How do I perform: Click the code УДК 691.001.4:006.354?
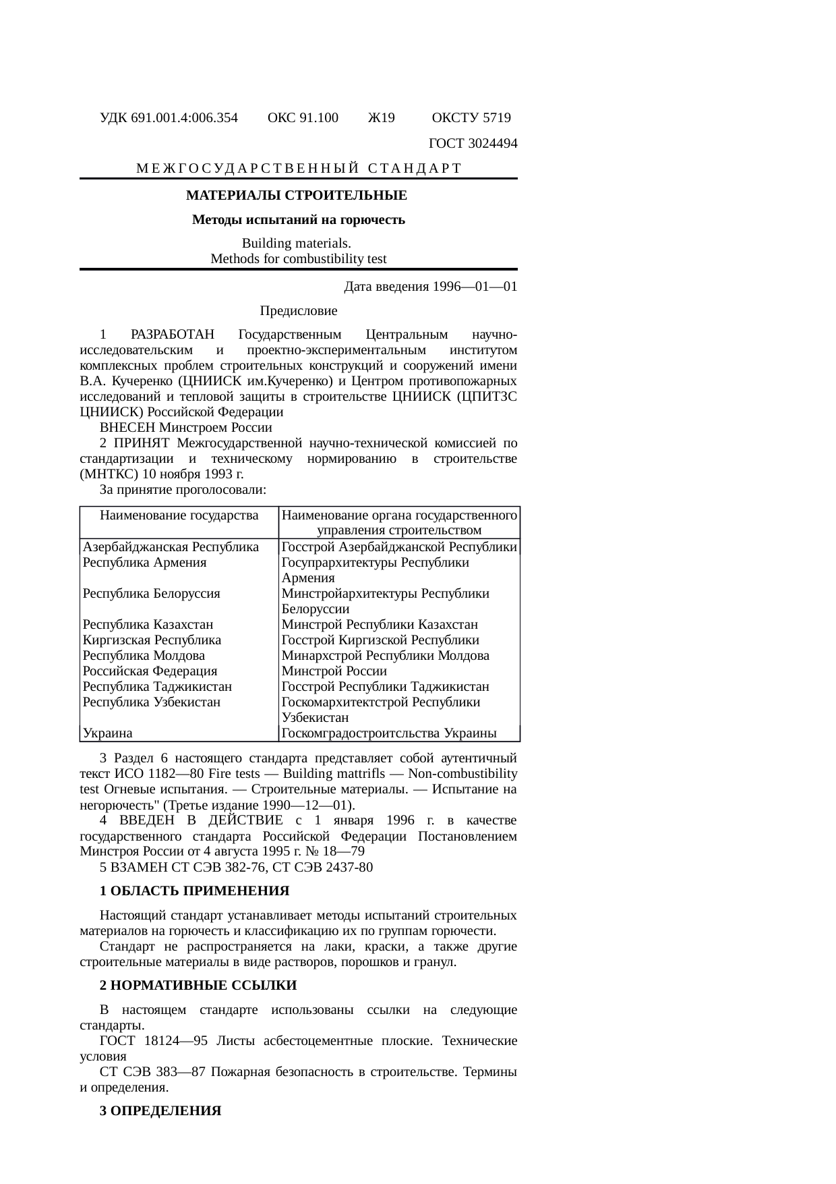coord(169,118)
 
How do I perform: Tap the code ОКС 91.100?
coord(303,118)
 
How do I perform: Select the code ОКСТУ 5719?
coord(471,118)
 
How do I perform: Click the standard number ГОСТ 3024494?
coord(473,143)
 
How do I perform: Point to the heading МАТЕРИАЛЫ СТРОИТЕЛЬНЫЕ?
coord(297,196)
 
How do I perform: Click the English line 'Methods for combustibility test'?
coord(298,259)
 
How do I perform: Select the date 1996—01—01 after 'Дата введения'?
coord(475,287)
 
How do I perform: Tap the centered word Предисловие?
coord(298,311)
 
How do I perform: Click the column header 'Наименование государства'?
coord(179,515)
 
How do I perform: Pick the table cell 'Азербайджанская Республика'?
coord(171,547)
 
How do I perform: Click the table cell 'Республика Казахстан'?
coord(148,625)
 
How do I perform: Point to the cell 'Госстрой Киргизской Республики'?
coord(380,640)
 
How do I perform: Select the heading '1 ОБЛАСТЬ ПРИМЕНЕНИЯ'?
coord(194,891)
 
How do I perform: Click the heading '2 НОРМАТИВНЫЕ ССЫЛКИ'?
coord(198,986)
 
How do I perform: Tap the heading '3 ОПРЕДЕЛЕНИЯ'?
coord(160,1111)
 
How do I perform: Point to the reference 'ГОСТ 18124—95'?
coord(153,1041)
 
